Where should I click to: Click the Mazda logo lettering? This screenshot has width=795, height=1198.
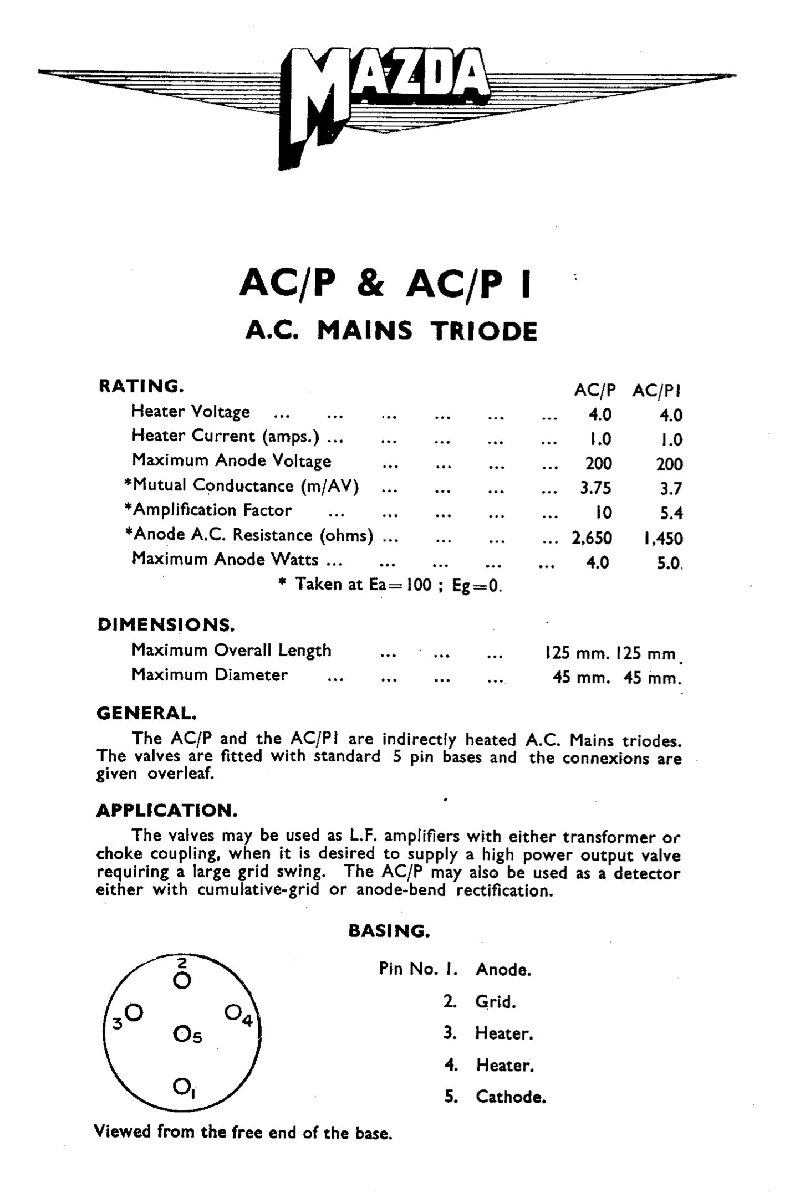tap(388, 83)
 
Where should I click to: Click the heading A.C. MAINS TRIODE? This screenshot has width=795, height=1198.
tap(391, 331)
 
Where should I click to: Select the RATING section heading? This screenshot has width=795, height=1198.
tap(141, 386)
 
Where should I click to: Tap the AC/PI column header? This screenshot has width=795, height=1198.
tap(656, 391)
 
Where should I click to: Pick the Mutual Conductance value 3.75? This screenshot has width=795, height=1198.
tap(595, 488)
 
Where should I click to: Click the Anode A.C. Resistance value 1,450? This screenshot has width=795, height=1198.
tap(663, 538)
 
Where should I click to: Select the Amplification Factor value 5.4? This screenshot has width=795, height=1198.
tap(671, 513)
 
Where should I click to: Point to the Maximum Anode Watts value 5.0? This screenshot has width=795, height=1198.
tap(670, 563)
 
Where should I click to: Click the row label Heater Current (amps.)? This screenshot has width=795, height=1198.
tap(225, 436)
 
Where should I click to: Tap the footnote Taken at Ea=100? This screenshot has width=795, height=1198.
tap(394, 585)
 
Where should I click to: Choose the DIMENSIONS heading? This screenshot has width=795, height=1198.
tap(166, 624)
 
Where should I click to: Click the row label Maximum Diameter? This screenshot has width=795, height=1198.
tap(210, 675)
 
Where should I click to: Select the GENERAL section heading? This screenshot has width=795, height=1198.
tap(146, 713)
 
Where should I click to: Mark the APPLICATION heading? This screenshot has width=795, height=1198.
tap(167, 811)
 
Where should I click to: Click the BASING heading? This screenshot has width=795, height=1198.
tap(389, 930)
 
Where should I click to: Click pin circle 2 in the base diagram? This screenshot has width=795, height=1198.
tap(181, 981)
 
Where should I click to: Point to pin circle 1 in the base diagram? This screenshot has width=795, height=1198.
tap(181, 1084)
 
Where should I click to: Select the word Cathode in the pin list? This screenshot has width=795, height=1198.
tap(510, 1097)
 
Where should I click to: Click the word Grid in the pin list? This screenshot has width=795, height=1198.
tap(495, 1001)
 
